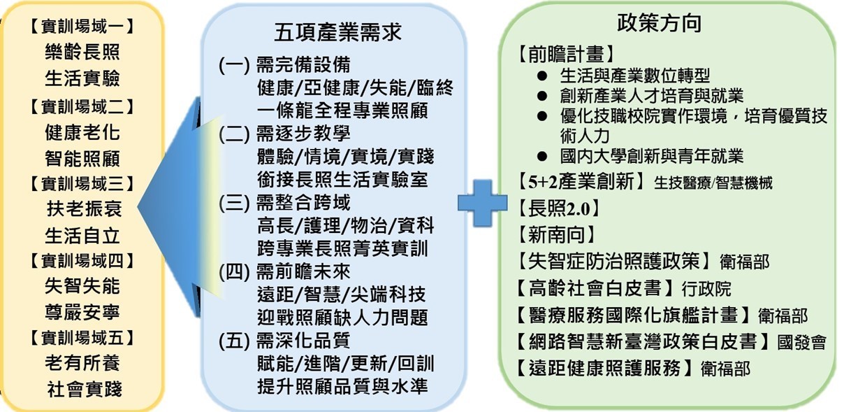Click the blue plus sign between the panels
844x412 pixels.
[482, 203]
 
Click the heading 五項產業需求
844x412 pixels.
[337, 32]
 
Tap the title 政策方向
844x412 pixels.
[659, 23]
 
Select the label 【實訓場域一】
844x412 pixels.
[82, 27]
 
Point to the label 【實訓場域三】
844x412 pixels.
[82, 183]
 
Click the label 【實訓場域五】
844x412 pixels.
[82, 338]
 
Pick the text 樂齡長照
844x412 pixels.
[82, 52]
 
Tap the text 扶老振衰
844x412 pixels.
[84, 208]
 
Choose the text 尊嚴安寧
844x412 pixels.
[82, 312]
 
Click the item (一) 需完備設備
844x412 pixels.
[284, 65]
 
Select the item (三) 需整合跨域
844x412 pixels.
[284, 203]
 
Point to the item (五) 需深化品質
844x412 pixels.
[284, 341]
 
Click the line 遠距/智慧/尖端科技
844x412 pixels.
[342, 294]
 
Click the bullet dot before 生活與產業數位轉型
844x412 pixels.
[542, 76]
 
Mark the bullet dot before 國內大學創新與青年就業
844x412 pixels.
[542, 156]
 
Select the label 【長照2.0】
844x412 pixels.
[558, 208]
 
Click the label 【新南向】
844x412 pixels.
[556, 235]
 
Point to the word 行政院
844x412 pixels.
[706, 290]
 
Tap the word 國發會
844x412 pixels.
[801, 343]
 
